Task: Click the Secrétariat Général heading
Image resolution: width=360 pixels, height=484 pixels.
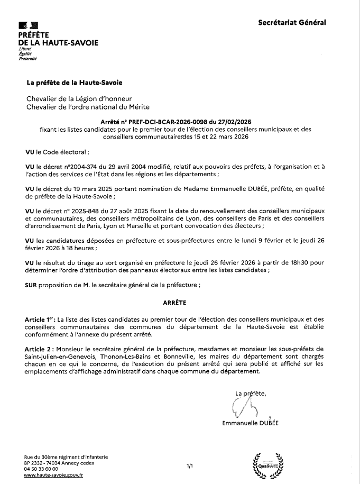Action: (x=292, y=22)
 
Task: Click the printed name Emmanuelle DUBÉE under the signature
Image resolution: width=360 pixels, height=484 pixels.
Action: (x=251, y=423)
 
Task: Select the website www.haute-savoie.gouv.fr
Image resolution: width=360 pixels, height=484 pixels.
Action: (x=54, y=476)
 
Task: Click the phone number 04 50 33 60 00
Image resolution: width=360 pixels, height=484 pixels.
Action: (x=41, y=469)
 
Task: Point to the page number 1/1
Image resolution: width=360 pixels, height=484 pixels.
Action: (x=190, y=467)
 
